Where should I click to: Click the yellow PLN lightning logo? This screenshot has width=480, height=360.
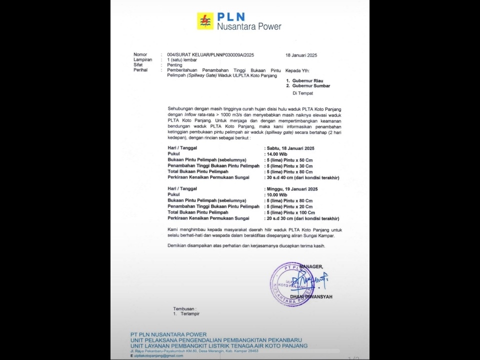click(205, 21)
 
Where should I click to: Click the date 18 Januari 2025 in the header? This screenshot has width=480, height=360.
click(301, 55)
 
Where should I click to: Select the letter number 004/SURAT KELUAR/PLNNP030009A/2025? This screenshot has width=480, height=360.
click(210, 54)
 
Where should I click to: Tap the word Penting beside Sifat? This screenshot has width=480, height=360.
click(174, 65)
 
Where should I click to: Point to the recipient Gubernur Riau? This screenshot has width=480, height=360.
click(309, 80)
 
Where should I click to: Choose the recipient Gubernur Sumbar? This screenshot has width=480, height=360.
click(311, 85)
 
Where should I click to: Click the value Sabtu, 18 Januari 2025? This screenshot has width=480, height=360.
click(290, 148)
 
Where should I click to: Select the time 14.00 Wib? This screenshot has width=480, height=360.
click(277, 154)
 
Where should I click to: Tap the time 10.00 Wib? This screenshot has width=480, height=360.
click(277, 194)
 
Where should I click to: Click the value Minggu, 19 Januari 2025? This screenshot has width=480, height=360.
click(292, 189)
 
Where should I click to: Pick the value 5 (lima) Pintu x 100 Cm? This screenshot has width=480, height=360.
click(291, 212)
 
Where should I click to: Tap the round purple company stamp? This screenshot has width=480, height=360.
click(292, 283)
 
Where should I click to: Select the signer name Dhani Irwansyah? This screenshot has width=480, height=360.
click(317, 297)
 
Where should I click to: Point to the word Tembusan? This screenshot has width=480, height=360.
click(184, 308)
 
